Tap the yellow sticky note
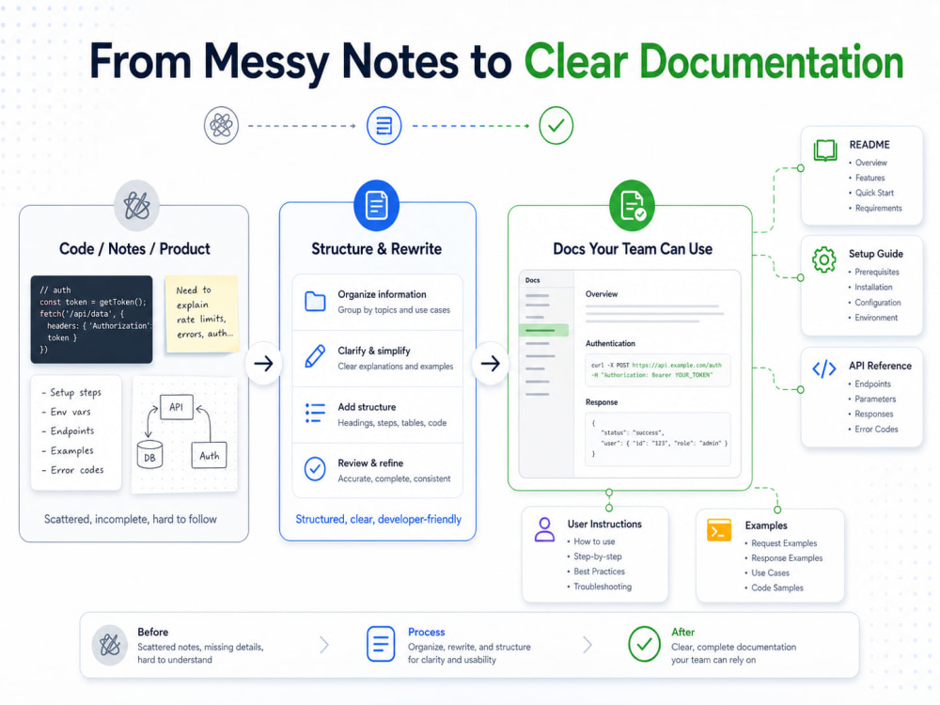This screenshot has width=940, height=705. click(201, 313)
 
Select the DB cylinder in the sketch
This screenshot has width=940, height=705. click(149, 454)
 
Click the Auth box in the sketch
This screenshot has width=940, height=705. click(210, 456)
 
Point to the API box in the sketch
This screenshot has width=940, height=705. click(177, 407)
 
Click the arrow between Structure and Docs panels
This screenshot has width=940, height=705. click(491, 363)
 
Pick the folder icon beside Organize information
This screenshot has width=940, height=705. click(315, 301)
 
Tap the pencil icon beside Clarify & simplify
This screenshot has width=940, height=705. click(315, 356)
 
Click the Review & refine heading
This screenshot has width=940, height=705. click(370, 462)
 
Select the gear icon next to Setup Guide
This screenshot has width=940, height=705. click(824, 259)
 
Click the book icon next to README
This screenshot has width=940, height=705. click(825, 149)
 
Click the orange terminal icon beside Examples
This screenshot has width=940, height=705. click(719, 530)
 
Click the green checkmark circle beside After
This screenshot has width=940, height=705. click(645, 644)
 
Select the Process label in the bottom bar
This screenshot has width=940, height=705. click(426, 632)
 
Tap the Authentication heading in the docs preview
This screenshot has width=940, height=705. click(610, 343)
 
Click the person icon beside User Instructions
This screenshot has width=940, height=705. click(544, 530)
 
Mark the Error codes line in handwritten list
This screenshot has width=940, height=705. click(72, 470)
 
